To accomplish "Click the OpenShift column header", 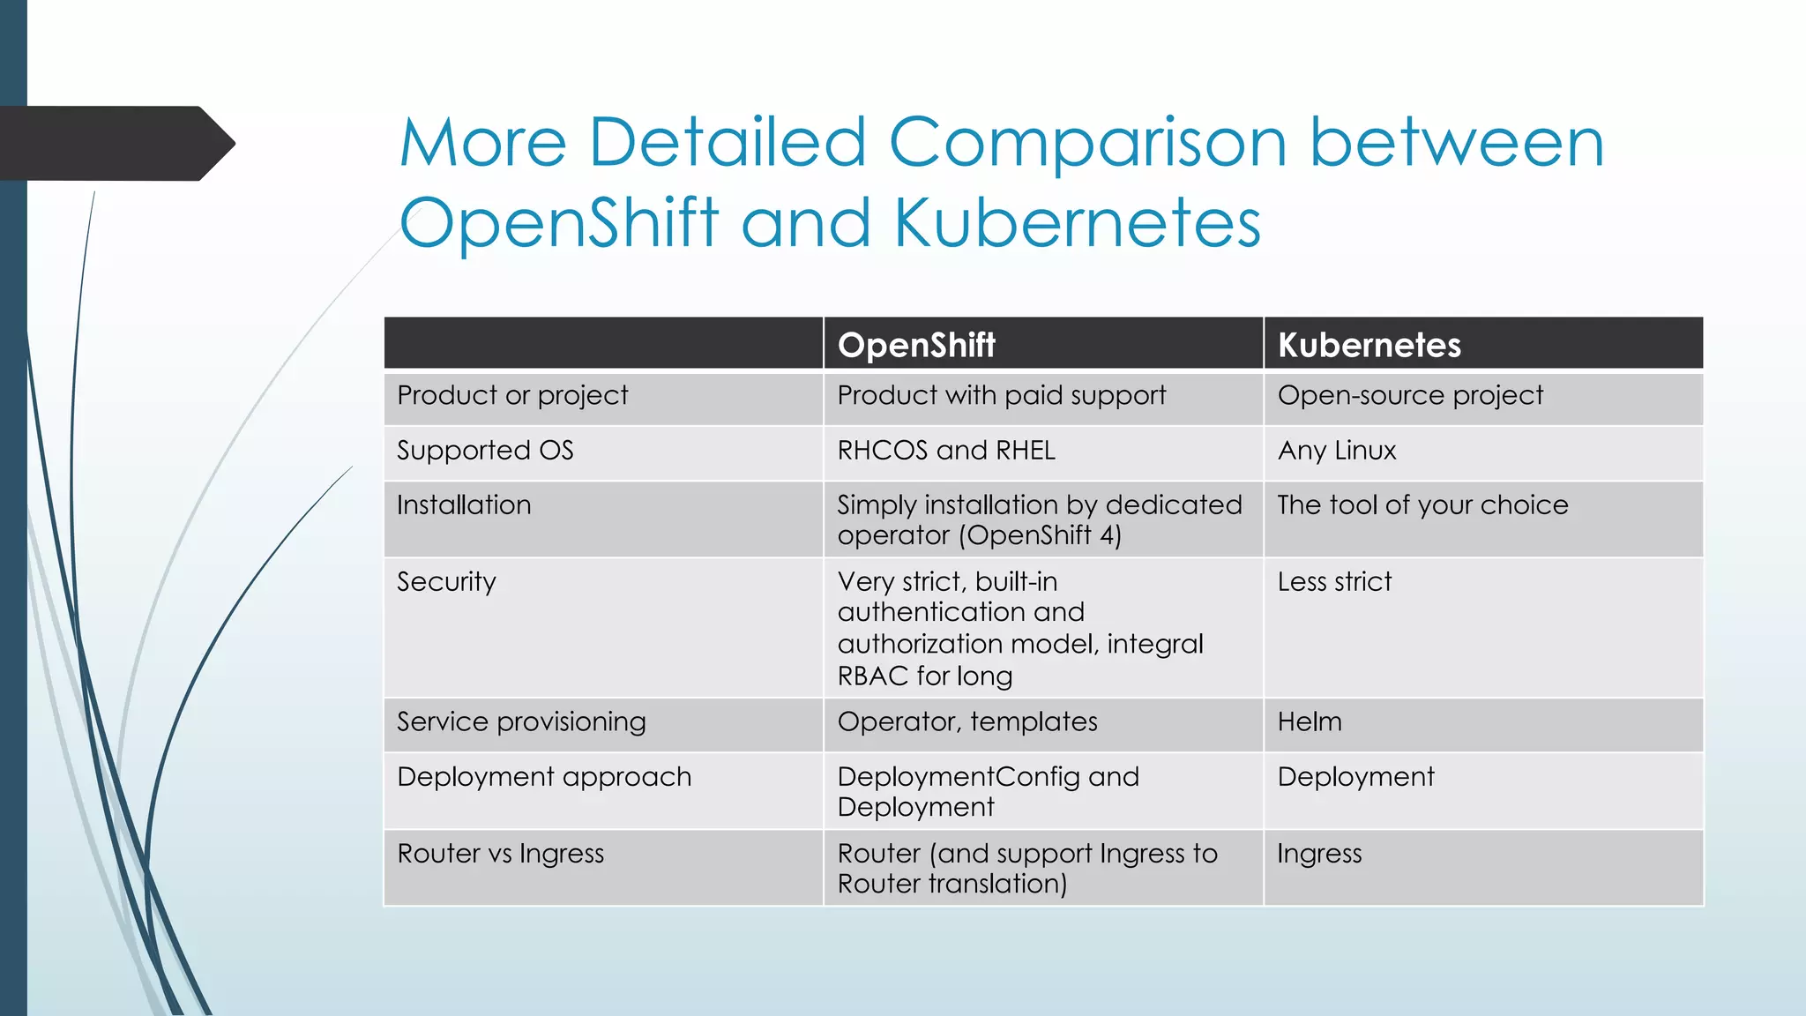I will click(916, 345).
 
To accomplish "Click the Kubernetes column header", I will click(1369, 345).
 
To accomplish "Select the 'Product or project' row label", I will click(512, 396).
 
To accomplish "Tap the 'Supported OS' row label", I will click(485, 451).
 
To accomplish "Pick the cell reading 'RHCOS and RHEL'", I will click(946, 451).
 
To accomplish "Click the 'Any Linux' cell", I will click(1337, 451).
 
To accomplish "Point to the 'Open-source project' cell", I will click(1410, 396).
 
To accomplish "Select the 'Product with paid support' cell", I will click(1001, 396).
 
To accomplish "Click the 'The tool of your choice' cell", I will click(1422, 505).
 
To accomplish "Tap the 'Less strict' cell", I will click(1334, 582).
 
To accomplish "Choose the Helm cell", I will click(1310, 722).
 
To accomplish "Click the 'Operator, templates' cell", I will click(967, 722).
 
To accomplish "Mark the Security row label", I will click(446, 582).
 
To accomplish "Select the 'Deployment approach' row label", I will click(544, 777).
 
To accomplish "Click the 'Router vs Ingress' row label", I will click(500, 854).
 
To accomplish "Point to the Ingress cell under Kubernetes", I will click(1319, 854).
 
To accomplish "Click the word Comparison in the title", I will click(1087, 143).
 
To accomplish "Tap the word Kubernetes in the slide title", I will click(1077, 222).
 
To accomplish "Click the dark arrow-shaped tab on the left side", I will click(115, 144).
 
